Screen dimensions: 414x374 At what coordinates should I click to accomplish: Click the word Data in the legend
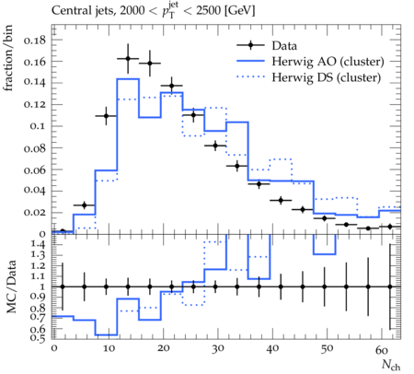[284, 46]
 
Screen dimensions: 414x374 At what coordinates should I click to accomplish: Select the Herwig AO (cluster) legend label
[328, 62]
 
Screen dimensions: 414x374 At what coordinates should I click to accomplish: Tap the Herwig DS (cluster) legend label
[327, 77]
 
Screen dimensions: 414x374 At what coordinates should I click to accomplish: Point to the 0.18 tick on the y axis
[35, 40]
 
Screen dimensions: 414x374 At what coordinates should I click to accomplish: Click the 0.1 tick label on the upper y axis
[38, 126]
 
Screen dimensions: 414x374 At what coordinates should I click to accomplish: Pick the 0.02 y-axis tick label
[35, 213]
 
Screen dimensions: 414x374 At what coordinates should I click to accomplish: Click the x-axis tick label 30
[218, 348]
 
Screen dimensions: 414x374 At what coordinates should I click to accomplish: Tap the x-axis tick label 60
[382, 349]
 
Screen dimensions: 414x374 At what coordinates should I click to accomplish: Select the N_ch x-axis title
[391, 365]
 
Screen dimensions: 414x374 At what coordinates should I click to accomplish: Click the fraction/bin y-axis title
[8, 58]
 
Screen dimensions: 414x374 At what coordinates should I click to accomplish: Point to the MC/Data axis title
[11, 286]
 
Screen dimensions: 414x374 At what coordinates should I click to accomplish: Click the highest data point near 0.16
[128, 59]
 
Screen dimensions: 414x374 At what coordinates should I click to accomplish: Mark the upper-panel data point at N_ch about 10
[106, 116]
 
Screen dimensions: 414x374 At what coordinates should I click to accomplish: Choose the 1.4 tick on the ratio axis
[38, 244]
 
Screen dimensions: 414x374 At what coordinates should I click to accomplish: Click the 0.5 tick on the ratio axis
[38, 338]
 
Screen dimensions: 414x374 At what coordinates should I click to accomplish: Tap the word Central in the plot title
[67, 11]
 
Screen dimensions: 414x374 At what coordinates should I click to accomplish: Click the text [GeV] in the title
[239, 11]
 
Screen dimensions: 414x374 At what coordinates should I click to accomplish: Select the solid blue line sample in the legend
[250, 61]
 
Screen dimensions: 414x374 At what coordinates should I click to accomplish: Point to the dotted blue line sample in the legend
[250, 77]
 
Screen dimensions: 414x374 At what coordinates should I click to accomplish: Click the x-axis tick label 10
[109, 348]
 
